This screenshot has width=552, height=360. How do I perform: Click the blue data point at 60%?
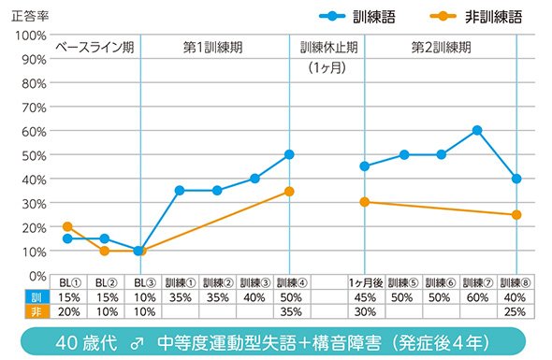click(x=477, y=131)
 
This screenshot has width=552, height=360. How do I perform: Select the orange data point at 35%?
click(x=289, y=192)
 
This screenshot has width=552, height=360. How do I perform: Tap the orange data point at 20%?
click(x=67, y=226)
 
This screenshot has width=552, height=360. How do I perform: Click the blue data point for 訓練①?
click(x=180, y=191)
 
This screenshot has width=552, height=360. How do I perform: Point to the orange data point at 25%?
click(x=516, y=215)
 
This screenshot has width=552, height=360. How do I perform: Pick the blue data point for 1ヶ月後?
click(x=365, y=166)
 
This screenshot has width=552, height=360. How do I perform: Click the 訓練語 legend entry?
click(x=357, y=16)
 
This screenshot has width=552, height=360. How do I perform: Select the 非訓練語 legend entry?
click(x=476, y=16)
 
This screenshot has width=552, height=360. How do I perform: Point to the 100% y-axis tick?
click(x=30, y=36)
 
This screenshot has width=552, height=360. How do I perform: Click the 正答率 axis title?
click(x=30, y=16)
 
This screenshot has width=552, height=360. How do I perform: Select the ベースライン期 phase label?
click(x=94, y=47)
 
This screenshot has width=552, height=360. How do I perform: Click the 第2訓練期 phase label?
click(x=441, y=47)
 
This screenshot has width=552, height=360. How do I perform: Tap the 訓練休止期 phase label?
click(x=328, y=47)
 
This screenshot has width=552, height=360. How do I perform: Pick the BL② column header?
click(x=106, y=282)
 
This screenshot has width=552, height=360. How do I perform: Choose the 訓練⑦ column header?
click(x=478, y=282)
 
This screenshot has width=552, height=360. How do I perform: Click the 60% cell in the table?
click(x=477, y=297)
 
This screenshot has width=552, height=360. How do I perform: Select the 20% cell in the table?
click(x=68, y=311)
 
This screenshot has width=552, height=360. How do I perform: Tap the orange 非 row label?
click(x=37, y=311)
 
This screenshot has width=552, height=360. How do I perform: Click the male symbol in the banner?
click(x=137, y=343)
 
